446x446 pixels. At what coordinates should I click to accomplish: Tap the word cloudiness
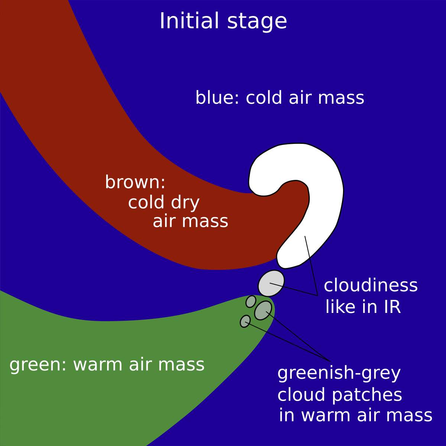click(371, 286)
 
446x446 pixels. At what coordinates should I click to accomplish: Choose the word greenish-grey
click(339, 373)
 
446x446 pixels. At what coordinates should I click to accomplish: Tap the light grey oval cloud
click(271, 283)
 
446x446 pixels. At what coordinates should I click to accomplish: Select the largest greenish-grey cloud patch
click(263, 310)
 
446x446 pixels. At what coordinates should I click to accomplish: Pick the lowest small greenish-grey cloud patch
click(245, 321)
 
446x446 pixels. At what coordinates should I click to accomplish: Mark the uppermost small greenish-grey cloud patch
click(251, 301)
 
